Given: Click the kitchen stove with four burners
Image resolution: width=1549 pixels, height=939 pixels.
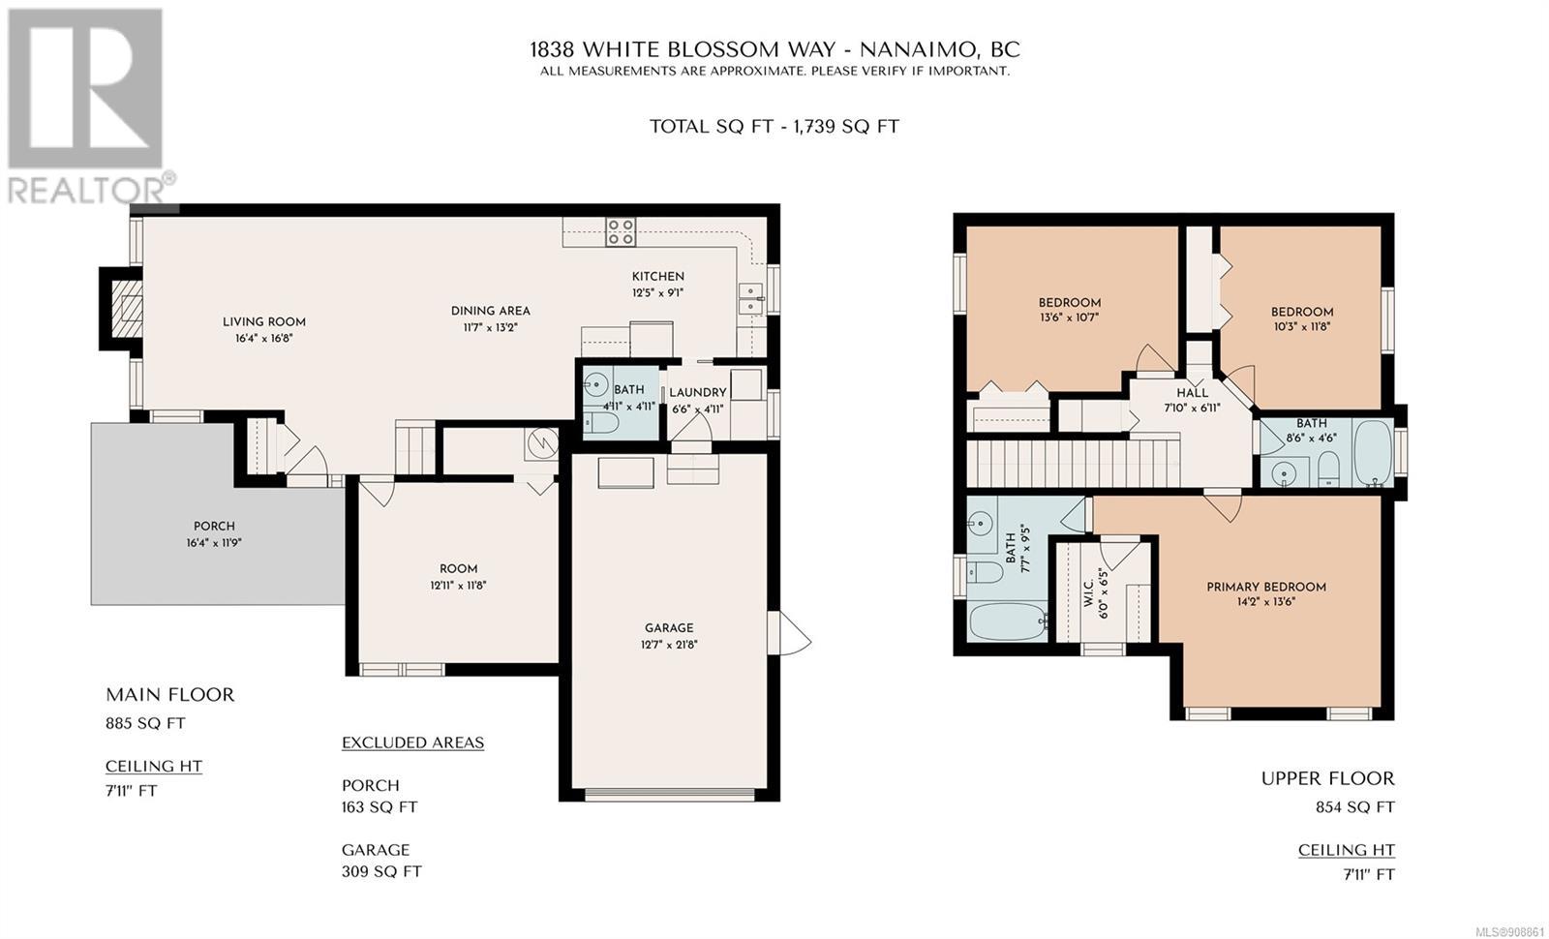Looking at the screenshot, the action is coord(621,231).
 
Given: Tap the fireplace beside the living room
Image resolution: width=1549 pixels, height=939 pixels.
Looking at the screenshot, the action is coord(123,309).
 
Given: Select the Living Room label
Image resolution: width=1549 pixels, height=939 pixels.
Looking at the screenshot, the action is coord(264,321).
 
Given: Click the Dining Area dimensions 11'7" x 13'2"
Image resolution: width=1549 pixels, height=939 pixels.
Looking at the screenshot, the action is coord(490,327).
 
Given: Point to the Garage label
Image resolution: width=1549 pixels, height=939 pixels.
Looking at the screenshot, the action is coord(669,628).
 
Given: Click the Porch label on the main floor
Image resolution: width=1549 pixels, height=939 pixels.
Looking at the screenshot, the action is coord(214,527).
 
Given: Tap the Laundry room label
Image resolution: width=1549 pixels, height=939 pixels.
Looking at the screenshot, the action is coord(698,393).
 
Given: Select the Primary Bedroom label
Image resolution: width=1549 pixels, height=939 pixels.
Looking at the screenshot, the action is coord(1266,587).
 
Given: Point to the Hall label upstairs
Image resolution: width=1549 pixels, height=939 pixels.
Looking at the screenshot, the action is coord(1192,393).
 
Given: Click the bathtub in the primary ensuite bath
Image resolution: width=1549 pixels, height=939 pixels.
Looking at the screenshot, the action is coord(1008,621).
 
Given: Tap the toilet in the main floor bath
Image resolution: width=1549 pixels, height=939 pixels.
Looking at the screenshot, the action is coord(601,423).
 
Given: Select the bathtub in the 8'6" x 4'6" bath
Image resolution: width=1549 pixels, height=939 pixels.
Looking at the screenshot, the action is coord(1373,453).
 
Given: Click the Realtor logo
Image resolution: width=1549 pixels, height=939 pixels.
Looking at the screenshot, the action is coord(90,107).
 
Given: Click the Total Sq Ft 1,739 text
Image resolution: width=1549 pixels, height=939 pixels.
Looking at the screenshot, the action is coord(774,127).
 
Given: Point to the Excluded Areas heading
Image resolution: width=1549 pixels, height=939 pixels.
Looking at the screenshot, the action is coord(412,742).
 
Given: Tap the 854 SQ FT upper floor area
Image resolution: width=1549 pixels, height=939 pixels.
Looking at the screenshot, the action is coord(1355,807).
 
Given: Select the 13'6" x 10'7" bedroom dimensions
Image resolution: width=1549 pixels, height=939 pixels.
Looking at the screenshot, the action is coord(1069,318).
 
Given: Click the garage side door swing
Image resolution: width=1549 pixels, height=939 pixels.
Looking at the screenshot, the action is coord(794,633).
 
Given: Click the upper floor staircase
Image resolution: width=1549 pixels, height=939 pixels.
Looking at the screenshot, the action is coord(1073,464).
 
